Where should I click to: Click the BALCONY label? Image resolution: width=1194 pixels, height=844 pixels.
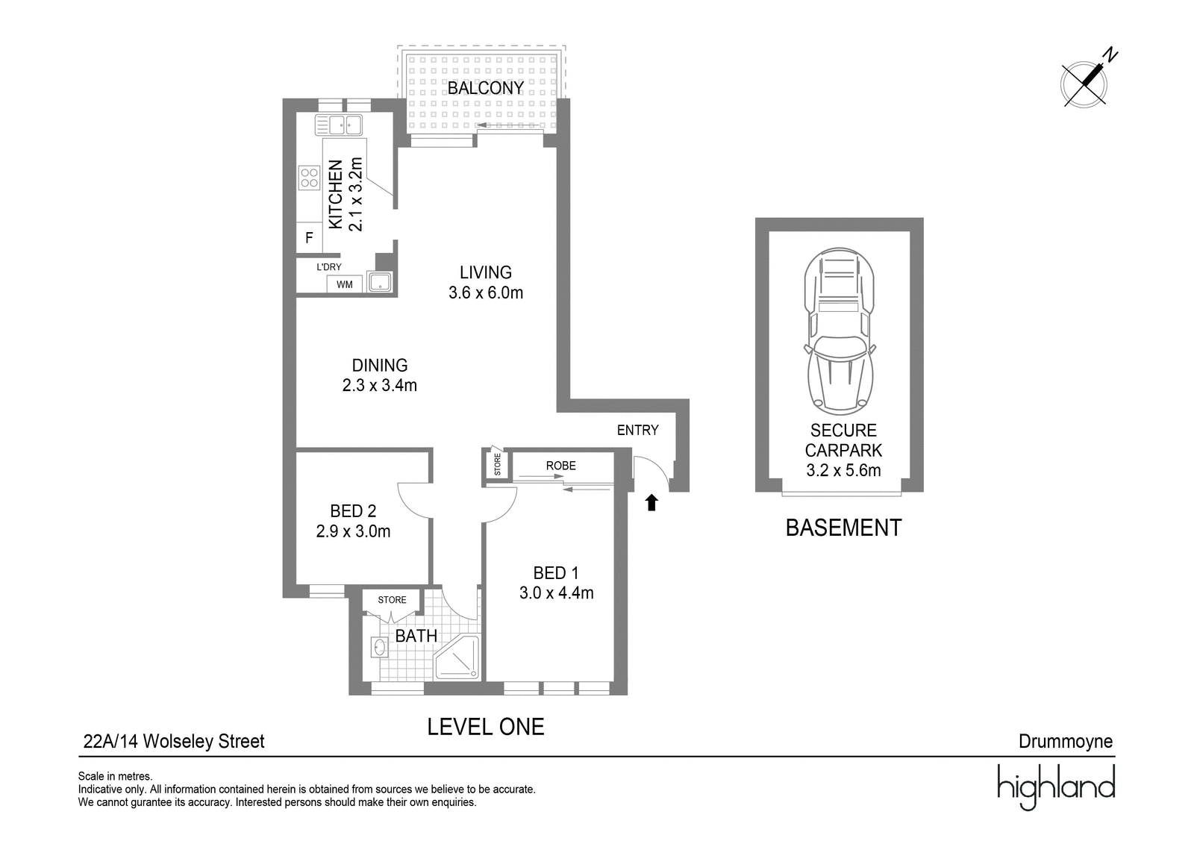coord(485,88)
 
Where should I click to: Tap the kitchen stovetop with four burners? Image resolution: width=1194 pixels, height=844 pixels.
coord(309,178)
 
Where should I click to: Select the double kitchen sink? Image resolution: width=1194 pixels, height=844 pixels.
coord(339,125)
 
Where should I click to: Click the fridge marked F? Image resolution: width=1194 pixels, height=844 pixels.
coord(309,238)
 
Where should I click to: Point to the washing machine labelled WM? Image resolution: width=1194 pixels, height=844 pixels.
coord(344,284)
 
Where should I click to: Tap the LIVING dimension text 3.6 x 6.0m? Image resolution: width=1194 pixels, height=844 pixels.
coord(486,293)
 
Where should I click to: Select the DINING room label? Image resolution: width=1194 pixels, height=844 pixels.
coord(380,365)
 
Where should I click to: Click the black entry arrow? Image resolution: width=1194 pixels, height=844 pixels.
coord(651,503)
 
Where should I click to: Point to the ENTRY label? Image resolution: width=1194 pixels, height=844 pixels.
coord(637,430)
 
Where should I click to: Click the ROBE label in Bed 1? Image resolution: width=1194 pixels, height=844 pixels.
coord(560,466)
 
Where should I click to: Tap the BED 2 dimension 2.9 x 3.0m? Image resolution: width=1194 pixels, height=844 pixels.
coord(353,531)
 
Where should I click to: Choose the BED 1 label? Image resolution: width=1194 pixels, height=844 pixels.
coord(555,573)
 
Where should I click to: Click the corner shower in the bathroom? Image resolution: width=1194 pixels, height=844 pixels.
coord(457,657)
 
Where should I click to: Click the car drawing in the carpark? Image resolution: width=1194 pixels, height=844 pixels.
coord(839,331)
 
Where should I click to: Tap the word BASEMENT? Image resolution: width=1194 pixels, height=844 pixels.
coord(843,528)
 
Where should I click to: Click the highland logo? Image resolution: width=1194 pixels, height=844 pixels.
coord(1056,787)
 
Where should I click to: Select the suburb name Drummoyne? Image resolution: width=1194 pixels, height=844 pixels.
coord(1066,741)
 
